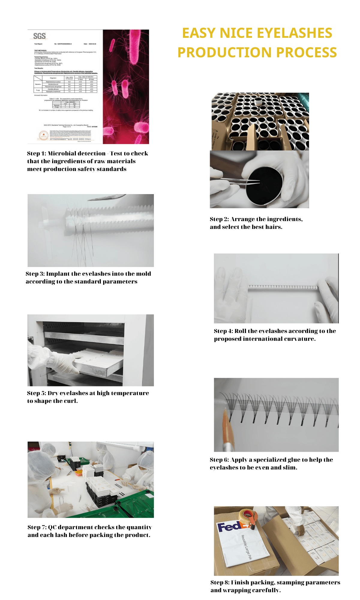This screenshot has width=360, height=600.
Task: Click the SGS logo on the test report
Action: coord(39,36)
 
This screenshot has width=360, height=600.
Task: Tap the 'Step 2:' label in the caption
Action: coord(219,219)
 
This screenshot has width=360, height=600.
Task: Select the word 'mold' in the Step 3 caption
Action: coord(143,274)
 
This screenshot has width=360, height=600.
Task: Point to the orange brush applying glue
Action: coord(226,426)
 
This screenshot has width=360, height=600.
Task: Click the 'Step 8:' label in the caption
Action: coord(220,583)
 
